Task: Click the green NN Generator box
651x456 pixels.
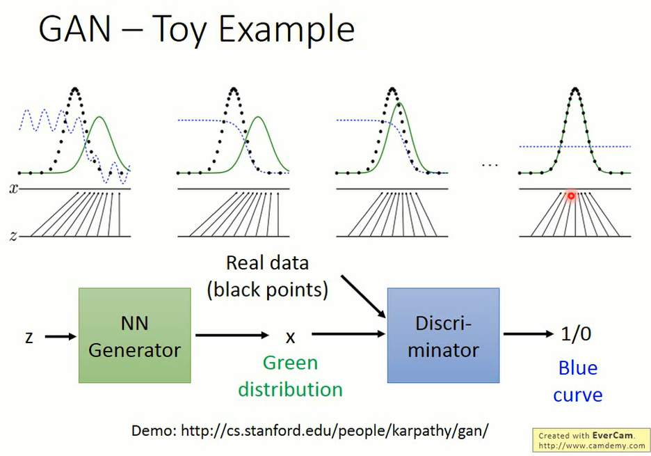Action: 134,335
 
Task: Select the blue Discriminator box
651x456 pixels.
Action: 443,335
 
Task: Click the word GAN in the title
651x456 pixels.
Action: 74,29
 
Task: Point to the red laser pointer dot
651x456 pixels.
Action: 571,196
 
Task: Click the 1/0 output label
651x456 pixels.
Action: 576,333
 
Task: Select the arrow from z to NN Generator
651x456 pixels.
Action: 61,336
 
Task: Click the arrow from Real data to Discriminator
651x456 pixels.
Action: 364,297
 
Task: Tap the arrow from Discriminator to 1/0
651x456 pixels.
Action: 529,333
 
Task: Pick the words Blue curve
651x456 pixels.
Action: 577,382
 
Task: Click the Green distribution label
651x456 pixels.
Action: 290,376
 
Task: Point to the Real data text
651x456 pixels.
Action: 267,262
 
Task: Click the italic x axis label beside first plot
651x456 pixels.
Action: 14,189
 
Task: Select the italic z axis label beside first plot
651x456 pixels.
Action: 14,237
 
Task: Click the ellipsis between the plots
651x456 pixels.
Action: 490,166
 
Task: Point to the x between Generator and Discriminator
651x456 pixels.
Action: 291,337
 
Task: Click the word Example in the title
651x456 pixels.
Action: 287,30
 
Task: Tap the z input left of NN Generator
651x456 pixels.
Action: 29,337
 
